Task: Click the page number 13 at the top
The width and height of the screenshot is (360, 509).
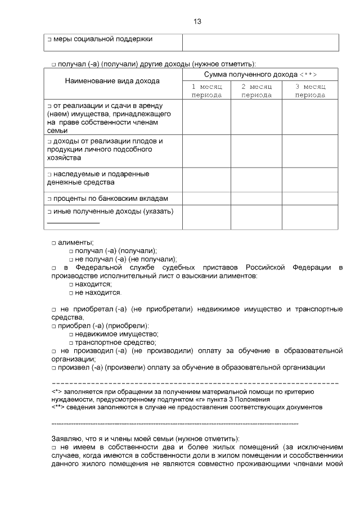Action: tap(197, 21)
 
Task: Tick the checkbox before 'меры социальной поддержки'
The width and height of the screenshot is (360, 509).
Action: tap(49, 40)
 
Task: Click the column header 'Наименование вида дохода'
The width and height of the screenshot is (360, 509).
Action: tap(112, 81)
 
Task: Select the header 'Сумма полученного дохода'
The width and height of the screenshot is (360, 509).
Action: tap(260, 74)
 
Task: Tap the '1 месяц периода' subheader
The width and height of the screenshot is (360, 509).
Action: tap(206, 91)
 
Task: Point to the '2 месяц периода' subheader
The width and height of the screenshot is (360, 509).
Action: tap(256, 91)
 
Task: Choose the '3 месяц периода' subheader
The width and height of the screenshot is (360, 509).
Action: tap(310, 91)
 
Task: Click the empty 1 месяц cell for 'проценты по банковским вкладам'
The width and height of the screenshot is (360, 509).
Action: tap(206, 199)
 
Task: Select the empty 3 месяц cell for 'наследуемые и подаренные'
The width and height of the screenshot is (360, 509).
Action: tap(310, 179)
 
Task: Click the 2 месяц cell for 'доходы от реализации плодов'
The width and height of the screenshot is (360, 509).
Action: tap(256, 150)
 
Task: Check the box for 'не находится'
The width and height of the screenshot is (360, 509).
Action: tap(71, 294)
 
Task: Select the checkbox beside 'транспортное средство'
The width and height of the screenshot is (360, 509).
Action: tap(71, 343)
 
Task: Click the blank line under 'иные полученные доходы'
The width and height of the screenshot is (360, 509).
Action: tap(73, 223)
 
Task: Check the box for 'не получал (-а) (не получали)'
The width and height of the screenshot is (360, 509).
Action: tap(71, 260)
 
